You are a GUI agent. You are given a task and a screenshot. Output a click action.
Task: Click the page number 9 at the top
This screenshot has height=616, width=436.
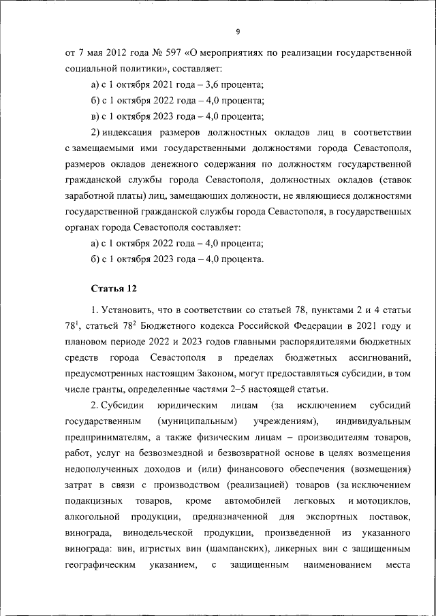click(238, 31)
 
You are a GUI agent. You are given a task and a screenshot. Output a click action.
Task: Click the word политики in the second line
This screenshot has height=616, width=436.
click(141, 69)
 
